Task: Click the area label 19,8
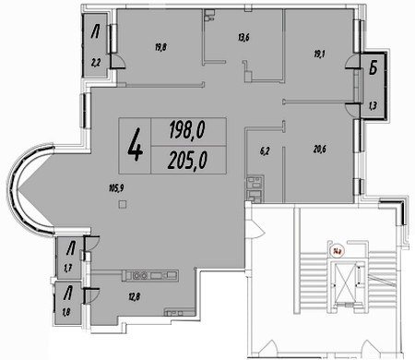click(160, 47)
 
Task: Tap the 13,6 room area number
click(243, 38)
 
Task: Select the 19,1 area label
click(319, 54)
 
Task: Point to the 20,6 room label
click(320, 150)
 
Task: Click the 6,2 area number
click(265, 151)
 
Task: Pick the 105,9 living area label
click(116, 187)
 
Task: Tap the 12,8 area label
click(135, 297)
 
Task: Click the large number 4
click(135, 145)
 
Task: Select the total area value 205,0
click(187, 161)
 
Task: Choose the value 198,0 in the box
click(187, 130)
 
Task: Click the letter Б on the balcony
click(373, 68)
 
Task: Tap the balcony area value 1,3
click(373, 106)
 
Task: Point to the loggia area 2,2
click(95, 63)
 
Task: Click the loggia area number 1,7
click(68, 269)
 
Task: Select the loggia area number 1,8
click(66, 313)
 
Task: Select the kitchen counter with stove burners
click(150, 275)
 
